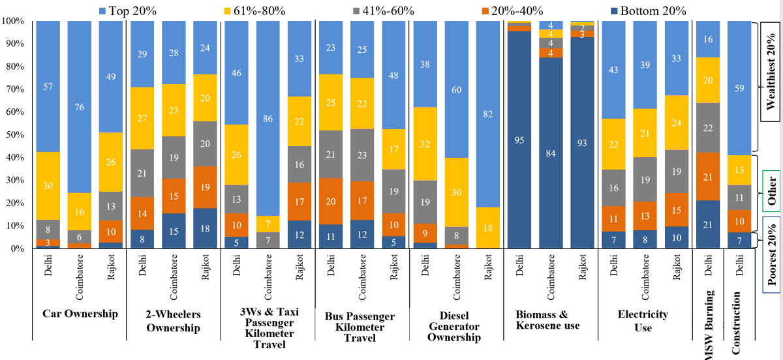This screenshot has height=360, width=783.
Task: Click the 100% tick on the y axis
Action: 13,21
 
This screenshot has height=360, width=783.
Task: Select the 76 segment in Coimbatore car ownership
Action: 79,107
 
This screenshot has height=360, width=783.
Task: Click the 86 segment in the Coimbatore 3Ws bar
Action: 268,119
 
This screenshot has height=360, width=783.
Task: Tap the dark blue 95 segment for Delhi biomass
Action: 520,140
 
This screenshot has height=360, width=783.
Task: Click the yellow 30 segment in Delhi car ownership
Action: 48,186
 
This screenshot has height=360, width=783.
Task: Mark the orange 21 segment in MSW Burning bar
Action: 707,176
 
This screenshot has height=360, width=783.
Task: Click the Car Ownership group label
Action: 80,314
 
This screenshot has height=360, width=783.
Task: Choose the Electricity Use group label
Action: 643,320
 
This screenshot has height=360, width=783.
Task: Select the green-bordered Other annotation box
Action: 771,190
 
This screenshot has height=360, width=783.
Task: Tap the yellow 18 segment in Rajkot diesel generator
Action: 488,228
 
